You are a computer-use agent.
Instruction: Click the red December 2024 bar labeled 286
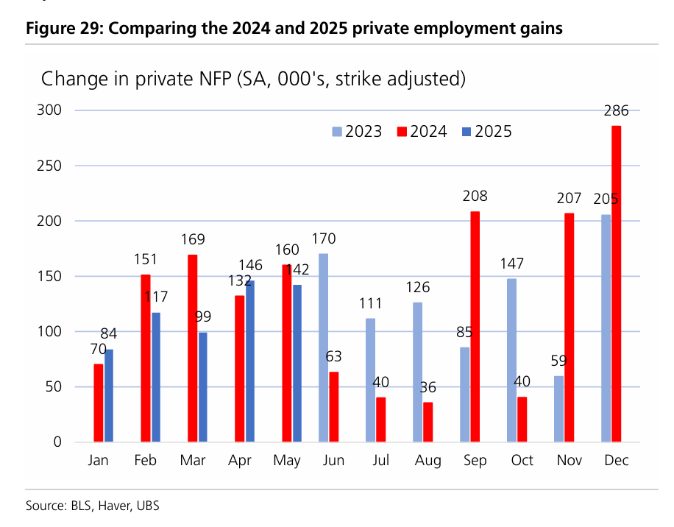point(617,283)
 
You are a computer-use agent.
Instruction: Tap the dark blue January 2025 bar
point(109,395)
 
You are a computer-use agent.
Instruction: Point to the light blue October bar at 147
point(511,360)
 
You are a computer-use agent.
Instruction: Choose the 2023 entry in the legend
point(357,132)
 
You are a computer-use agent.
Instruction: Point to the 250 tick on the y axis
point(50,166)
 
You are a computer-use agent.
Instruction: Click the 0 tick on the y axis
point(56,442)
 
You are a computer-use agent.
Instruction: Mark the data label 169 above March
point(194,239)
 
